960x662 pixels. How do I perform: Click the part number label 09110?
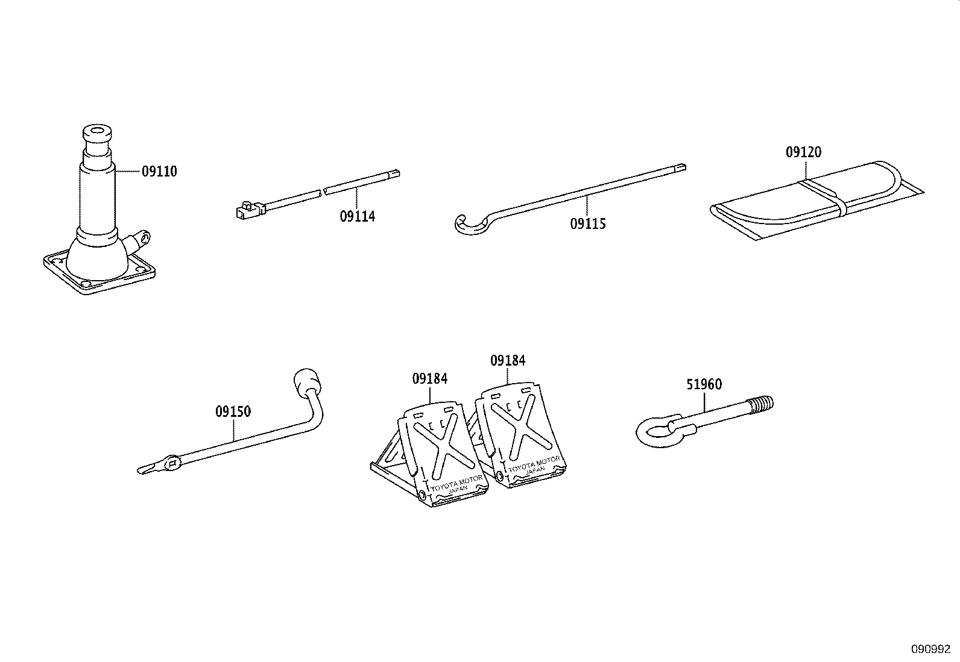tap(159, 172)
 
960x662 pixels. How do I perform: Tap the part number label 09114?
tap(357, 216)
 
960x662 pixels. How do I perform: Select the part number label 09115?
tap(588, 224)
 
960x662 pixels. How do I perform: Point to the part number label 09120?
tap(803, 152)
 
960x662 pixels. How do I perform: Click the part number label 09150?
tap(233, 412)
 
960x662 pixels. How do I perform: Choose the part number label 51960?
tap(704, 384)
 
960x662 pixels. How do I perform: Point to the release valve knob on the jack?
tap(143, 238)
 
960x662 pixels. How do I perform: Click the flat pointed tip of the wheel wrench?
tap(147, 468)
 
